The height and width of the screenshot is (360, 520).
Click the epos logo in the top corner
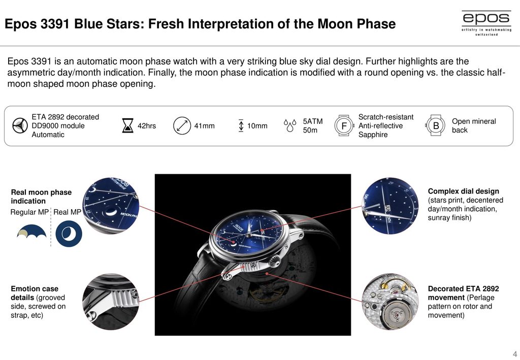coord(486,22)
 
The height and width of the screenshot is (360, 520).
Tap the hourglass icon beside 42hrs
coord(127,125)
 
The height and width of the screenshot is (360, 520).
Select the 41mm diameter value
coord(204,126)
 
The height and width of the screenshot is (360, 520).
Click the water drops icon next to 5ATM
coord(290,125)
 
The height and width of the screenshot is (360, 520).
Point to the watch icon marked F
coord(344,125)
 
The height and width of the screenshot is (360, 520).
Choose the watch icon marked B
coord(435,125)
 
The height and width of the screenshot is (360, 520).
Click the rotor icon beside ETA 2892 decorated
coord(20,125)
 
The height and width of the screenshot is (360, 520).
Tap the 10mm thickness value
coord(257,126)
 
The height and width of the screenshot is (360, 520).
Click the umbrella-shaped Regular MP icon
coord(31,232)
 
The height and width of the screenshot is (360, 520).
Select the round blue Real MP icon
coord(69,234)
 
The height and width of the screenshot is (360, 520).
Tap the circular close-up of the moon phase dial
coord(111,206)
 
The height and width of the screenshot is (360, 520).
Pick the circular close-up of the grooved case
coord(111,302)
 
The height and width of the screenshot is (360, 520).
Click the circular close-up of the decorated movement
coord(390,302)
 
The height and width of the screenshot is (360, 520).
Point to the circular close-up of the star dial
coord(390,206)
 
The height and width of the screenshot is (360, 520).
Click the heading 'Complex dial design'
coord(463,191)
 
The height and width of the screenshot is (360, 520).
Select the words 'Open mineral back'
coord(474,125)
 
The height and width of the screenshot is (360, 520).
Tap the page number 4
coord(515,354)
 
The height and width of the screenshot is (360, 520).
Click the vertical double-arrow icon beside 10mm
coord(241,125)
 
